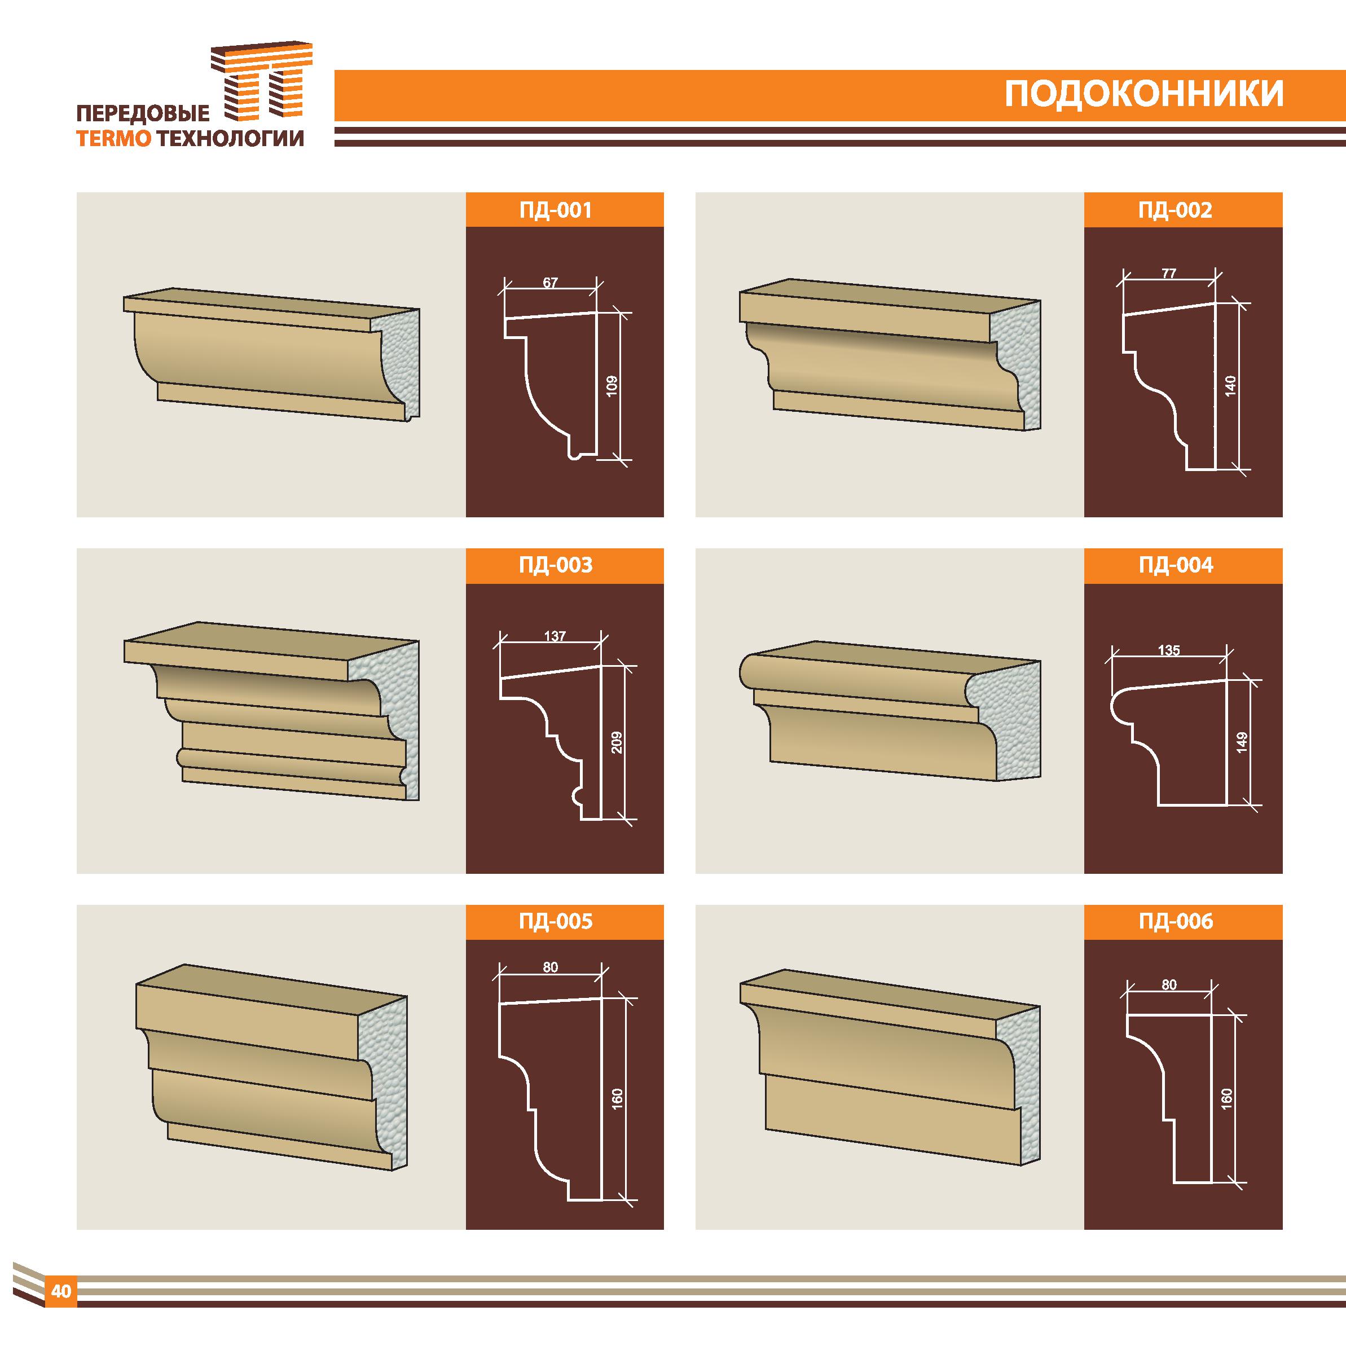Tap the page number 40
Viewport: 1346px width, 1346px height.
point(61,1290)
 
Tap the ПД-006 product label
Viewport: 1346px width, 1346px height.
point(1176,922)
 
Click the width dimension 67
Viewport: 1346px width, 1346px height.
point(551,283)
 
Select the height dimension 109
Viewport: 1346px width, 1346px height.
point(612,386)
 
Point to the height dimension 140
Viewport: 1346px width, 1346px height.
point(1230,386)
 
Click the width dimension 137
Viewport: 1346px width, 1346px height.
point(555,636)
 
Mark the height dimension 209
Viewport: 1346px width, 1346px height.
point(616,742)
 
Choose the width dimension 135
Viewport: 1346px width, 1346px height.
point(1169,650)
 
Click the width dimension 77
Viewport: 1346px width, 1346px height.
point(1169,273)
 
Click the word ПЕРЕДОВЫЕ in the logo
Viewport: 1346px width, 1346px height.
point(142,113)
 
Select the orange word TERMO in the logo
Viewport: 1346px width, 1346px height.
point(113,139)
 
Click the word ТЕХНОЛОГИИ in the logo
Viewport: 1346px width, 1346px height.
point(231,139)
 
